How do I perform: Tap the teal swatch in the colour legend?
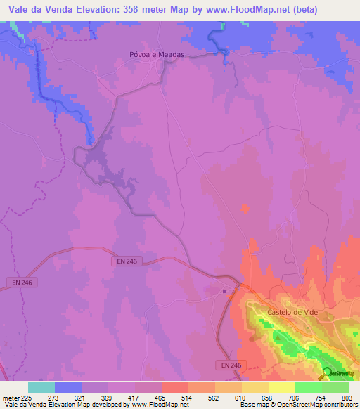[41, 387]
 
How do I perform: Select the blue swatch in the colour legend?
[68, 387]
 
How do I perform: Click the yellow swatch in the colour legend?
[282, 387]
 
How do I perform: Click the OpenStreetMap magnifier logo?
[328, 372]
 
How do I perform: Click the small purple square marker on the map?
[224, 290]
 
